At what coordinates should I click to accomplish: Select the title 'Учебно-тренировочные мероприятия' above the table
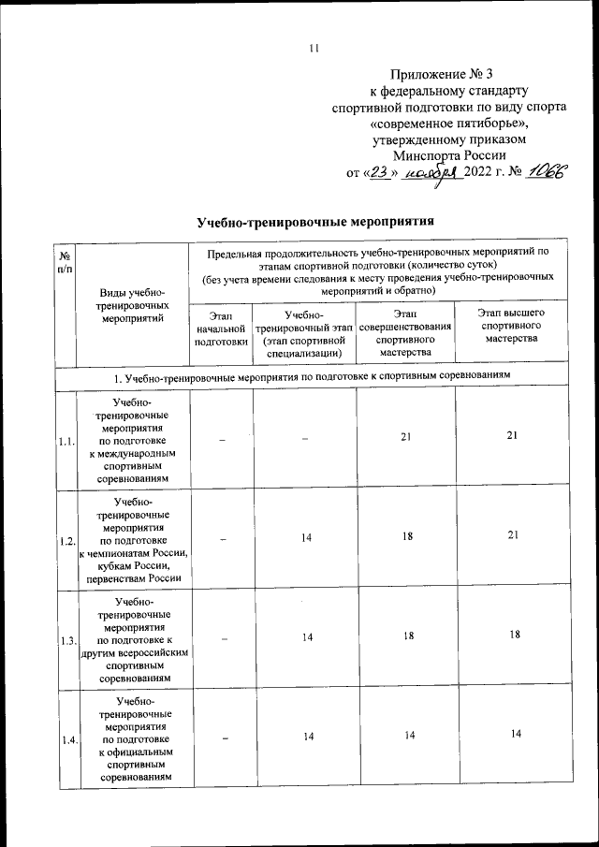317,222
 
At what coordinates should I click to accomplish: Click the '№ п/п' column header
66,261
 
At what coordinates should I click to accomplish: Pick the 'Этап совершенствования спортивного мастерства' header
405,329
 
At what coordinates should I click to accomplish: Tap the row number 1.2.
67,541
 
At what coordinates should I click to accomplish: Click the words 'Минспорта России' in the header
449,155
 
